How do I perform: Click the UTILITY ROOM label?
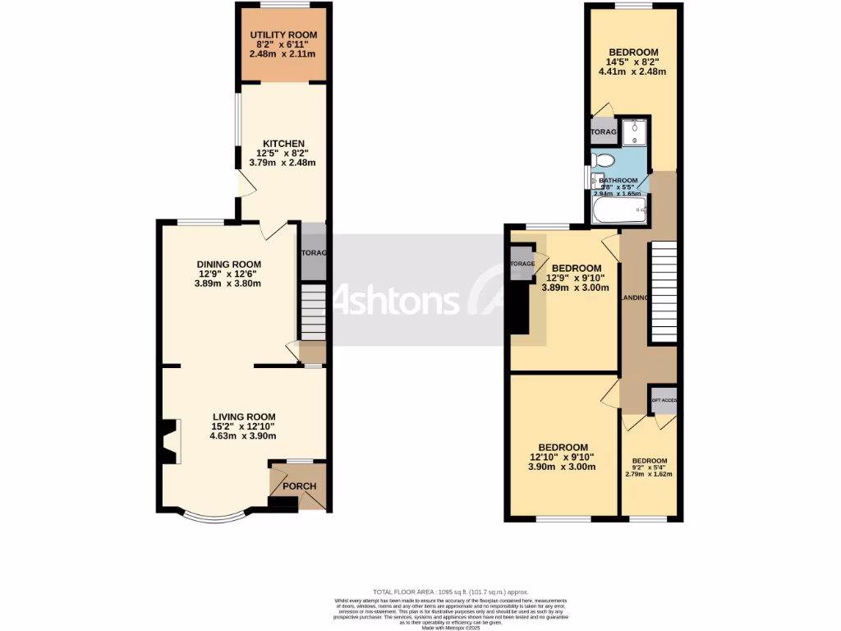(x=283, y=35)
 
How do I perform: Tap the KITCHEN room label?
(x=283, y=144)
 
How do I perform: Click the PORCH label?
(x=299, y=486)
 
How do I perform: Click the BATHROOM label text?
(x=618, y=181)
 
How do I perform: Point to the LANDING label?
(x=635, y=297)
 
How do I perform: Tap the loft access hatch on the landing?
(x=663, y=399)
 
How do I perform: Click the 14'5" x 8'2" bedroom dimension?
(x=632, y=61)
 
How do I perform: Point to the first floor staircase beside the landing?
(x=663, y=292)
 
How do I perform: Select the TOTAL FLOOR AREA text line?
(x=449, y=592)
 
